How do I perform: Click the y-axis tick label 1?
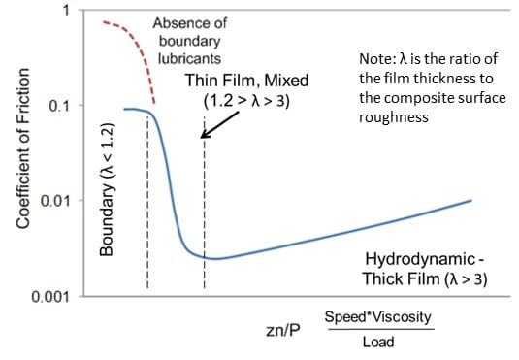tap(65, 11)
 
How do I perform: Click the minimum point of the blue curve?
tap(217, 259)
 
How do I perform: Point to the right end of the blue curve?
tap(470, 200)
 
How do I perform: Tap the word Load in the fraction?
tap(377, 341)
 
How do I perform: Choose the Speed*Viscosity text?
tap(378, 316)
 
